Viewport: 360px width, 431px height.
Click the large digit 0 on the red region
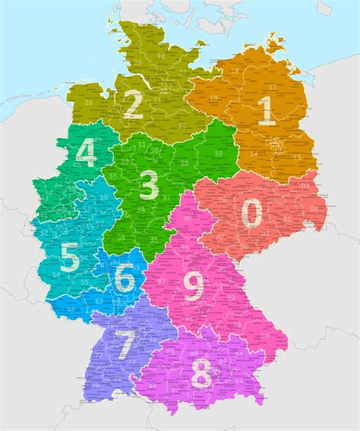point(252,212)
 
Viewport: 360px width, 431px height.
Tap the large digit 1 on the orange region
point(267,111)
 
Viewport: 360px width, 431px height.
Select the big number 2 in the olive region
point(133,105)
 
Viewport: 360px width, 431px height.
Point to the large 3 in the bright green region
point(149,184)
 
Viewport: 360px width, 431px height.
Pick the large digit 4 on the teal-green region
point(86,154)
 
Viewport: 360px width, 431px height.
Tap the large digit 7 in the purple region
point(201,374)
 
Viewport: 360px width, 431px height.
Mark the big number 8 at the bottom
point(193,286)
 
